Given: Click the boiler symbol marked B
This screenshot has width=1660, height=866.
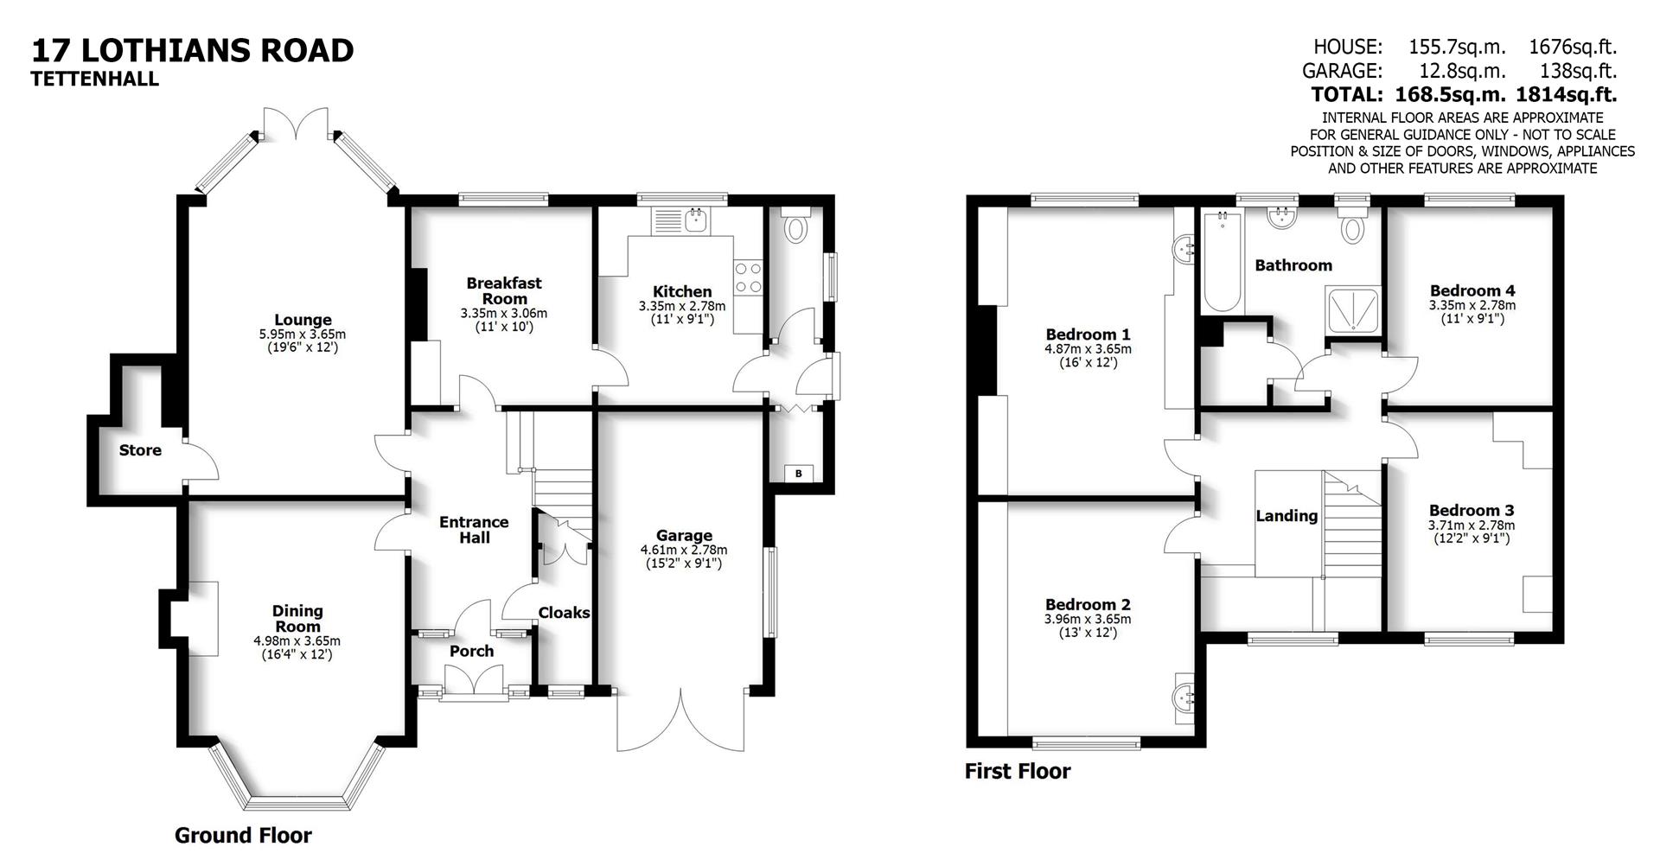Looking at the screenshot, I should point(798,474).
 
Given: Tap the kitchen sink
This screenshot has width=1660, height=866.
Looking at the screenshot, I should point(696,222).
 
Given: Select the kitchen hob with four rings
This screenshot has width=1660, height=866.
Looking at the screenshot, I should point(748,278).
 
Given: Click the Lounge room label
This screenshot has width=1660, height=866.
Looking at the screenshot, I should point(303,321).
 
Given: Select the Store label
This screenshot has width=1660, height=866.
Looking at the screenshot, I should point(140,450).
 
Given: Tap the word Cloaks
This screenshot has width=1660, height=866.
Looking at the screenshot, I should point(564,613).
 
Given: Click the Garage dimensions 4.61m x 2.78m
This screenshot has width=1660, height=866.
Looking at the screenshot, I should point(683,550).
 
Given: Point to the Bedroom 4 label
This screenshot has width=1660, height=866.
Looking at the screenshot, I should point(1472,291).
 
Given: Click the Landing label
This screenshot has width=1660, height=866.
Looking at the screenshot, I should point(1286,516).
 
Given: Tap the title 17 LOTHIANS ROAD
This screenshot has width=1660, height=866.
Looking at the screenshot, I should point(193,50).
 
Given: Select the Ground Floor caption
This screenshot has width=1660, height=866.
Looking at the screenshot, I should point(243,836).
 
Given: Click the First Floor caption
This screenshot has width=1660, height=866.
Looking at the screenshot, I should point(1018,771).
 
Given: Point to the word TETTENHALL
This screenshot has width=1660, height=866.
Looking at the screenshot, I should point(95,79).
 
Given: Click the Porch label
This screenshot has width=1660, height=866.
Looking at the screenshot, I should point(471,652).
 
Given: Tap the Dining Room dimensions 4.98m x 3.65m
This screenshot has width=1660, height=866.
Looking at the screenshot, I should point(297,641).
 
